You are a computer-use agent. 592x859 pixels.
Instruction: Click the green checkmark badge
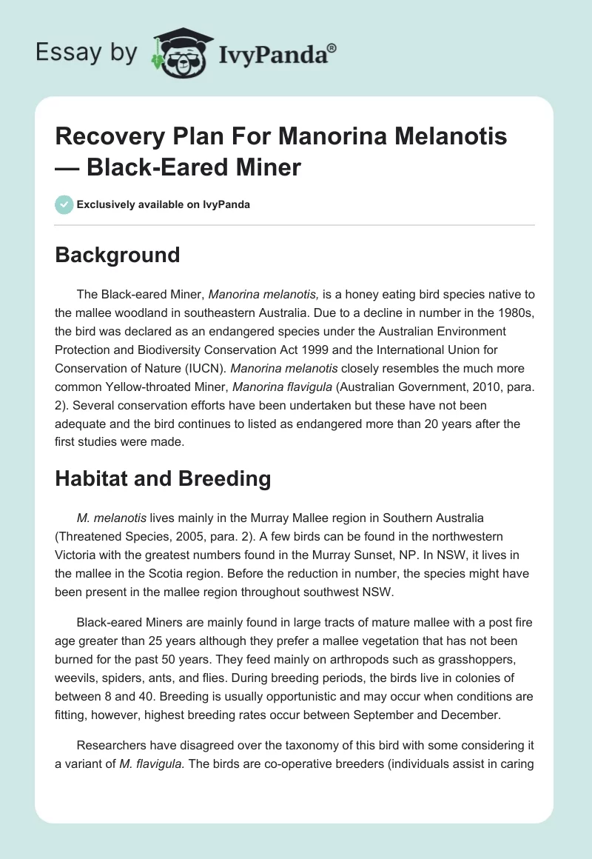point(64,204)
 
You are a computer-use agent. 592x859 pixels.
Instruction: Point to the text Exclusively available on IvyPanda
point(164,204)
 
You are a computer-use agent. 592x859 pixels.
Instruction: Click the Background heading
point(118,255)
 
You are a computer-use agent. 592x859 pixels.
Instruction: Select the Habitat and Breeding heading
point(163,478)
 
